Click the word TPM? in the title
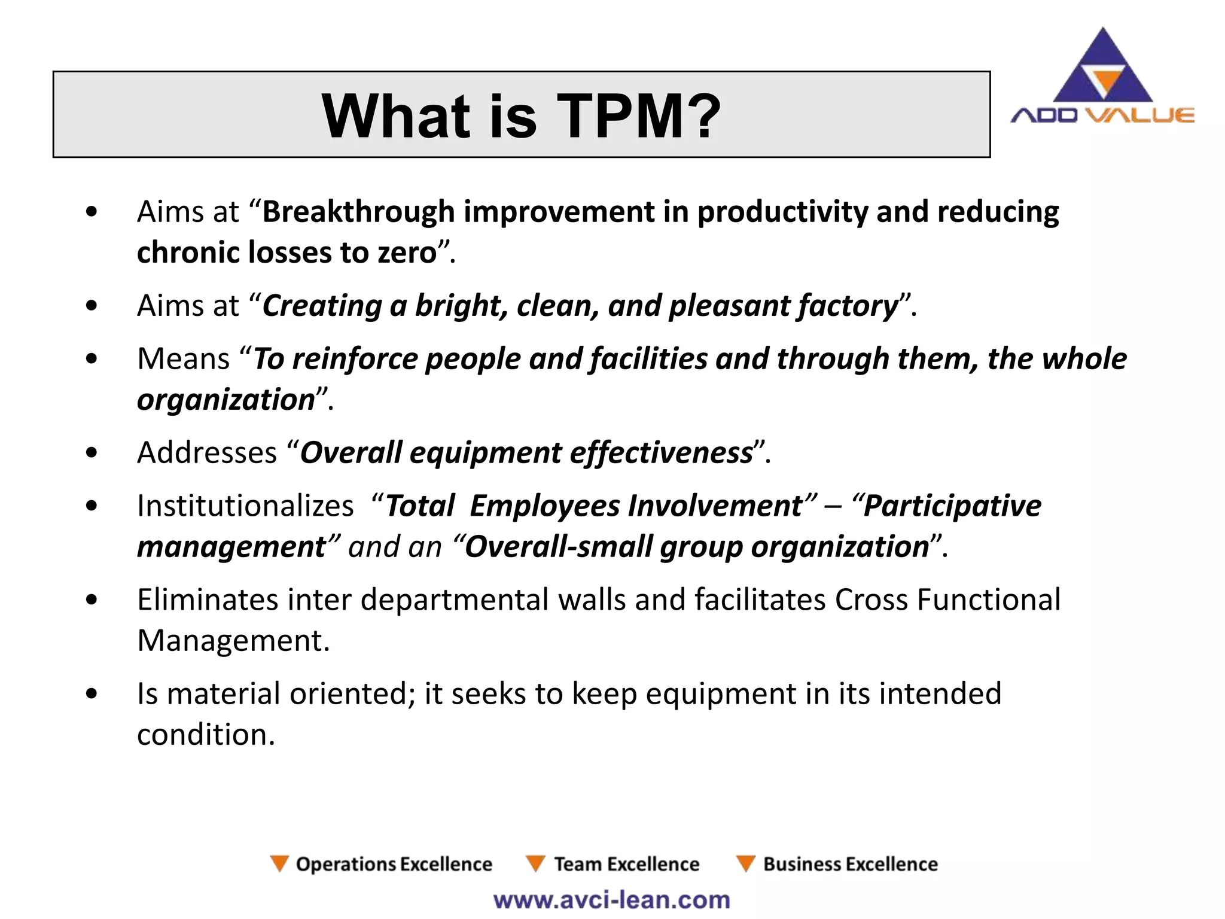click(638, 116)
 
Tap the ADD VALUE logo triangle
click(1102, 69)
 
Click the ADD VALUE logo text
click(1102, 115)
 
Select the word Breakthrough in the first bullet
click(358, 212)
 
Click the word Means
click(183, 360)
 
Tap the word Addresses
click(207, 453)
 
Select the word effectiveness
click(660, 453)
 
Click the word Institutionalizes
click(245, 506)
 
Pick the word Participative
click(952, 506)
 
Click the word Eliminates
click(207, 600)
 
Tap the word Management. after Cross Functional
click(233, 641)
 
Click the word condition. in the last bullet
click(206, 735)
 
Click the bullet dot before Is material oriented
click(92, 694)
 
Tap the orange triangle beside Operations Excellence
click(279, 863)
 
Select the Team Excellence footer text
click(626, 865)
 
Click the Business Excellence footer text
click(850, 865)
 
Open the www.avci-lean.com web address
click(611, 900)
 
